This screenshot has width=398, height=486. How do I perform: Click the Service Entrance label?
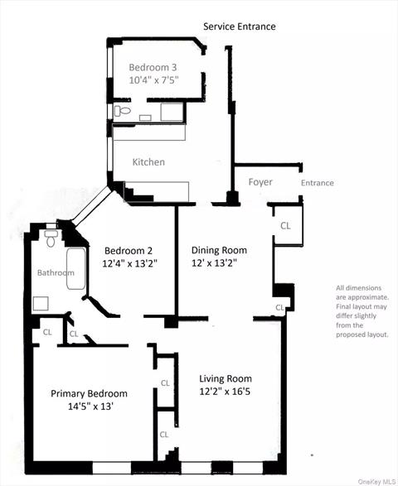pos(240,26)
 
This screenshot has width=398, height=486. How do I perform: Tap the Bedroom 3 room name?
pos(153,67)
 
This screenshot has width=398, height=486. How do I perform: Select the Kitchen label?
pos(148,162)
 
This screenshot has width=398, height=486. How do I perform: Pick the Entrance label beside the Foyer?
pos(317,183)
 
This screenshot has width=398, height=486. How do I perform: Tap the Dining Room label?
pos(219,250)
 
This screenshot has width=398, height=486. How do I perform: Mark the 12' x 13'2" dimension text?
pos(220,263)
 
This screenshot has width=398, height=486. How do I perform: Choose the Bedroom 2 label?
pos(128,250)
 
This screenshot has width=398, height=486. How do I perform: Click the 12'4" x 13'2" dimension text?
pos(129,263)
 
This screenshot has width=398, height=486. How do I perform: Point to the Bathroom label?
pos(55,272)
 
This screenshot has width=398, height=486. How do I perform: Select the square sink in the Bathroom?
pos(41,303)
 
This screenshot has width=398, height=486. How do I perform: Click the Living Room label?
pos(226,379)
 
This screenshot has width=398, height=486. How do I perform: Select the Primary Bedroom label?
pos(89,393)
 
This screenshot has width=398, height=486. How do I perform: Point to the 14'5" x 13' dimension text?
pos(89,407)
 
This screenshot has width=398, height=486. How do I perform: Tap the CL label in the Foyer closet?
pos(284,225)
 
